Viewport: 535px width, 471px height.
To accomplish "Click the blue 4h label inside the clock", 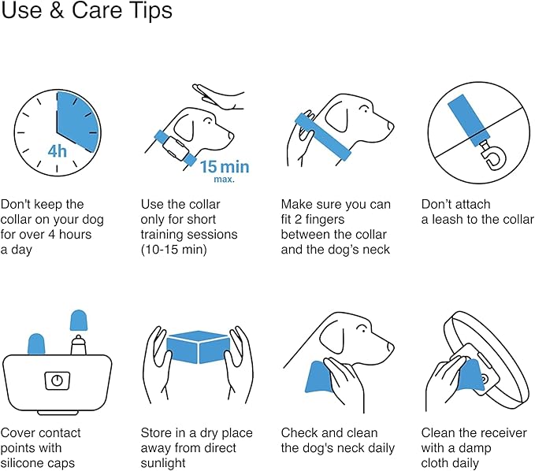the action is tap(57, 151).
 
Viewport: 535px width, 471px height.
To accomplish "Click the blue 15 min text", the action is tap(225, 167).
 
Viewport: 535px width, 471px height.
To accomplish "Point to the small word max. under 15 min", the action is tap(225, 179).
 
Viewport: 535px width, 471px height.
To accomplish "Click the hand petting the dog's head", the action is tap(218, 97).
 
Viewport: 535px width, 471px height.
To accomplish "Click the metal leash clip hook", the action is tap(492, 155).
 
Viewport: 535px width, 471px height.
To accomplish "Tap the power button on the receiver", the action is tap(57, 380).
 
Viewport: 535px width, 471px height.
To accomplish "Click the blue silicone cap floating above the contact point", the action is tap(79, 321).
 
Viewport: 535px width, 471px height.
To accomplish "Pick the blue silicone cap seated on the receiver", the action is tap(36, 344).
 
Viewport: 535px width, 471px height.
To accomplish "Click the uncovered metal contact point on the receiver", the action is tap(79, 345).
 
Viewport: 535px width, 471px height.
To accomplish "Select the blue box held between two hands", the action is tap(198, 347).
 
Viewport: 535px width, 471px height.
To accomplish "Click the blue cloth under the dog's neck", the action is tap(318, 377).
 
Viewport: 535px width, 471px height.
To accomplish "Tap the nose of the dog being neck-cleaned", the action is tap(391, 347).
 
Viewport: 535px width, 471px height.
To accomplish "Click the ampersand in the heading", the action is tap(56, 10).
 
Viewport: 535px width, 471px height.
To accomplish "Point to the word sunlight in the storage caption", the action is tap(163, 463).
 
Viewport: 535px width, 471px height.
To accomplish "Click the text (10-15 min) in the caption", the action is tap(174, 250).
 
